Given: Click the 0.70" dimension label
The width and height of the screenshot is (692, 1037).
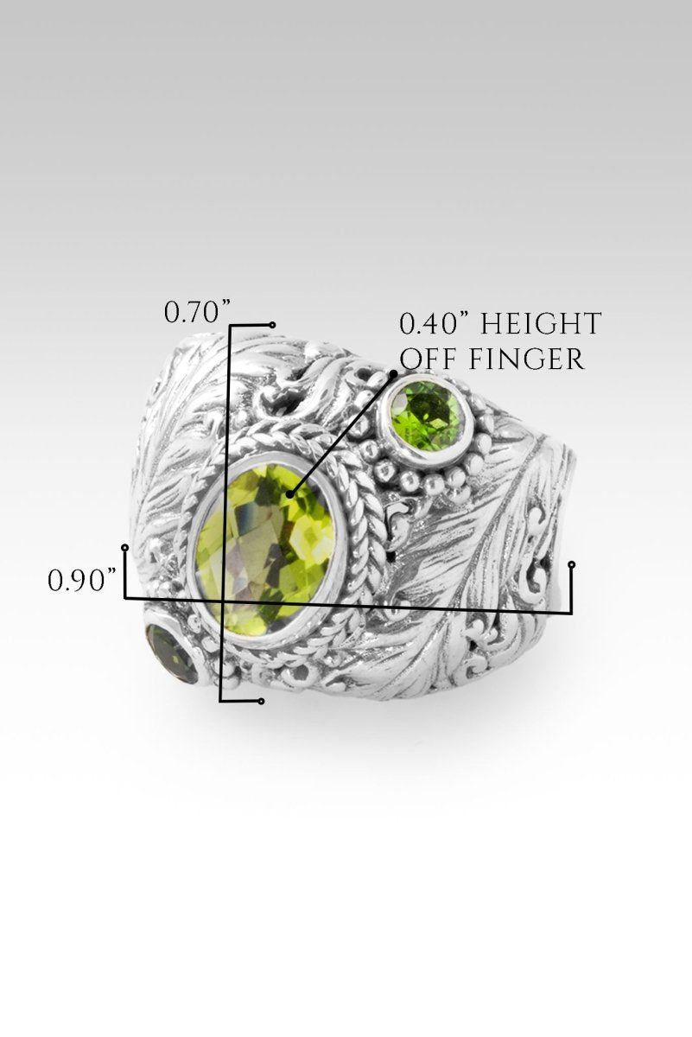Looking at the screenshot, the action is pyautogui.click(x=198, y=313).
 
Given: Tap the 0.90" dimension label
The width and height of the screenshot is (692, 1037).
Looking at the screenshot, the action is pyautogui.click(x=81, y=581).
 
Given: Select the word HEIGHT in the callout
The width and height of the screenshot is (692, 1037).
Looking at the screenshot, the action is pyautogui.click(x=542, y=323).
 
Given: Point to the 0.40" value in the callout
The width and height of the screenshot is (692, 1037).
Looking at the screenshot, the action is pyautogui.click(x=435, y=323).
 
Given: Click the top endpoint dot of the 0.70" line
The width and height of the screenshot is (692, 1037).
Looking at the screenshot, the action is pyautogui.click(x=273, y=325).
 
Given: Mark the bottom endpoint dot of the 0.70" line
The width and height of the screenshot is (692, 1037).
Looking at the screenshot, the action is pyautogui.click(x=262, y=702).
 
